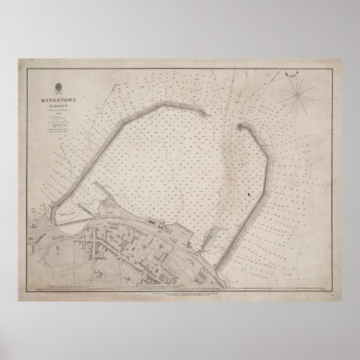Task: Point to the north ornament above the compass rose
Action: (294, 69)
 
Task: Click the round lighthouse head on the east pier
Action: (239, 126)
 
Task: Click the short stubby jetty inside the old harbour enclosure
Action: (82, 208)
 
